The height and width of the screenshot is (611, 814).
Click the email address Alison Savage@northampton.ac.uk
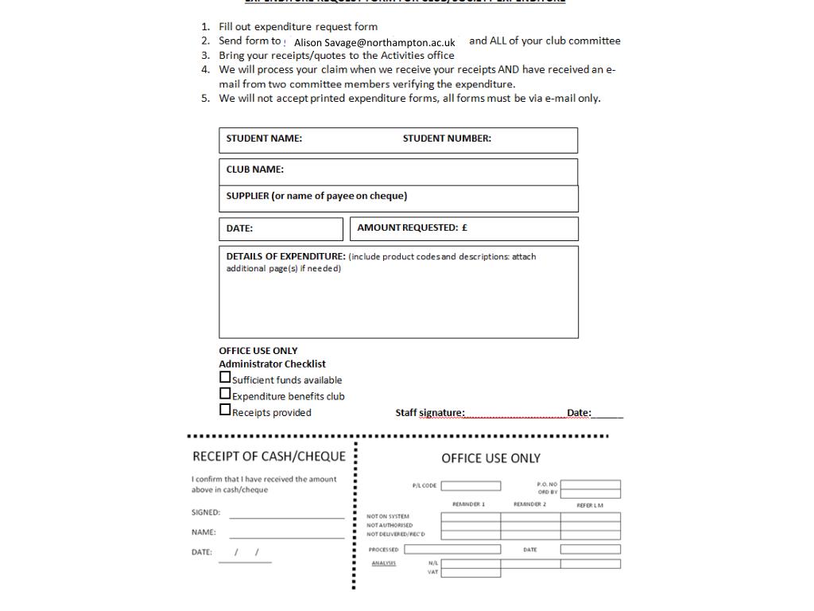[374, 42]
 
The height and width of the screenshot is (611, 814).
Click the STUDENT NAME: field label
[264, 138]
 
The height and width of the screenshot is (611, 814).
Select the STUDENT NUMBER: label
[447, 138]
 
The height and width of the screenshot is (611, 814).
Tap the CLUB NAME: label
[254, 169]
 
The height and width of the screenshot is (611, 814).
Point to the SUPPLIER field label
[316, 197]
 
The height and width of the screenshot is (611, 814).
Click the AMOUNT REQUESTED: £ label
[412, 228]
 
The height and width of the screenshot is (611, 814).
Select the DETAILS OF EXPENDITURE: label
[285, 257]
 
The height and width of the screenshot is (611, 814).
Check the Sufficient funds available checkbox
[225, 378]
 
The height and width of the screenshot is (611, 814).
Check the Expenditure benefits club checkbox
[225, 394]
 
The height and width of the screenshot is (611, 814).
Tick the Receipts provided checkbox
[225, 410]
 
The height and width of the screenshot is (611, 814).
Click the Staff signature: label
[430, 413]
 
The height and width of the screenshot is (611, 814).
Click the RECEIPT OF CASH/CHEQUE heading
[269, 457]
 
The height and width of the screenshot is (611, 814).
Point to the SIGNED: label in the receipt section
[206, 513]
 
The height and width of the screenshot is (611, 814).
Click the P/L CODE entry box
[471, 486]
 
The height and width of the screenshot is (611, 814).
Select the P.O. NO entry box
[590, 484]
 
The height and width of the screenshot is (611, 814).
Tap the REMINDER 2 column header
[529, 504]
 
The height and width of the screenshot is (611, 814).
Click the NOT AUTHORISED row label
[390, 525]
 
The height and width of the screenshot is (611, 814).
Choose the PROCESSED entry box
[452, 549]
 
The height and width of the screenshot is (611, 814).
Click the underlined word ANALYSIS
[383, 563]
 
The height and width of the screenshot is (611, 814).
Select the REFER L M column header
[590, 505]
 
